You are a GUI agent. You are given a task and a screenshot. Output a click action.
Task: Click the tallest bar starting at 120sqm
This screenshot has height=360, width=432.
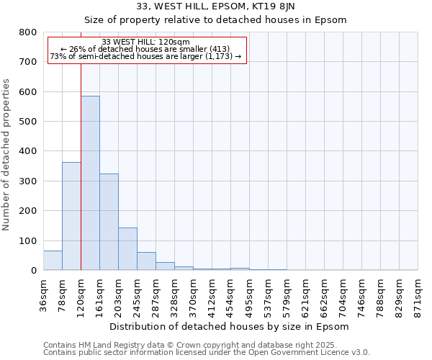coord(90,183)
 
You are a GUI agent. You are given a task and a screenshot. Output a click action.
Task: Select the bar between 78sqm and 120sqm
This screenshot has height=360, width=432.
coord(71,216)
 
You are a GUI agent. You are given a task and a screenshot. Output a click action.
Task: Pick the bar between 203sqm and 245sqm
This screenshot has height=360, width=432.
coord(127,249)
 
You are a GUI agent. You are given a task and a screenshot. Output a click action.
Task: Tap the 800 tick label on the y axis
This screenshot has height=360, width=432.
coord(27,32)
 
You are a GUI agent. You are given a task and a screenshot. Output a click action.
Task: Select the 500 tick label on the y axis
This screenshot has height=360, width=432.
coord(27,122)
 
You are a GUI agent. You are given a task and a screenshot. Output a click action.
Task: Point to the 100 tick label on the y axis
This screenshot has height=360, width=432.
coord(27,240)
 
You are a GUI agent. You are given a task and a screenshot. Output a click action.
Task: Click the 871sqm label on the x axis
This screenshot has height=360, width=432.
coord(418,294)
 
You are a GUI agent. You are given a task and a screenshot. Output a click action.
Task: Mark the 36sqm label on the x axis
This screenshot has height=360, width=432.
coord(44,294)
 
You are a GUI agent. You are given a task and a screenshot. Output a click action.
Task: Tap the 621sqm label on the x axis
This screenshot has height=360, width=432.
coord(306,294)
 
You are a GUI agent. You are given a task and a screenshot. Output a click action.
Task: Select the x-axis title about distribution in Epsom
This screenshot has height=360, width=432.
coord(230,326)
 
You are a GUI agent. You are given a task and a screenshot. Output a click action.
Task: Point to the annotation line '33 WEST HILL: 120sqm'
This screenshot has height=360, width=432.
coord(146,42)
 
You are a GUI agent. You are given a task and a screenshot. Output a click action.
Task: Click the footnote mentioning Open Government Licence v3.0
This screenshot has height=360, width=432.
coord(207,352)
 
